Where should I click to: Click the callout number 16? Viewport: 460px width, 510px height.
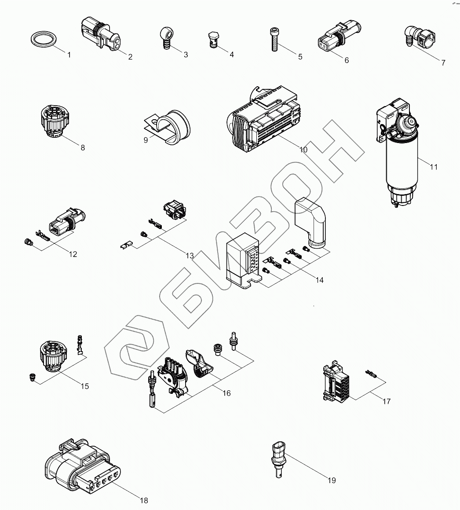coord(226,393)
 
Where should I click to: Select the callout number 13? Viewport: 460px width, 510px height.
coord(190,256)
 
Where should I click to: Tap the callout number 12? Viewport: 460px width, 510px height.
coord(73,254)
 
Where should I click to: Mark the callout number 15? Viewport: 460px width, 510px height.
coord(84,386)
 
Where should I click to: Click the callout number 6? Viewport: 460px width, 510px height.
coord(347,60)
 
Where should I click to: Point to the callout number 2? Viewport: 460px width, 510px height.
coord(130,57)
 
